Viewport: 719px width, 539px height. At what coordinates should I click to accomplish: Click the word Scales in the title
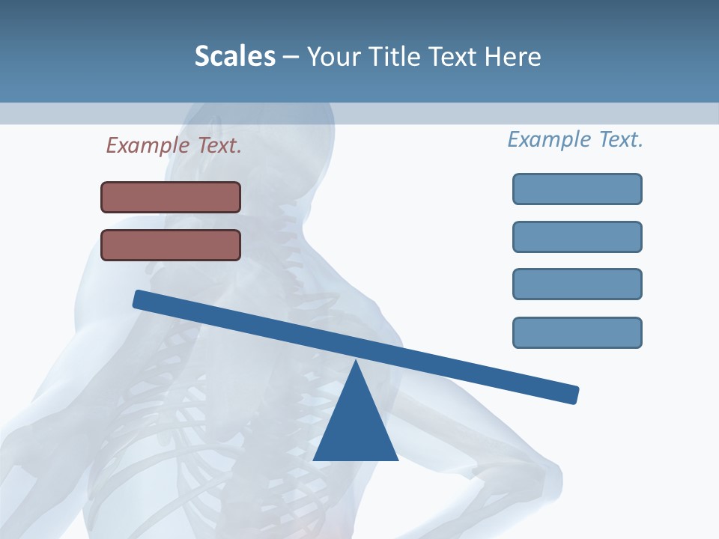tap(234, 56)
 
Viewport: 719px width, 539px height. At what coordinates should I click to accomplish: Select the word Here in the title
tap(512, 56)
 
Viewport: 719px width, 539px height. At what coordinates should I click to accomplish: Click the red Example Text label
tap(174, 145)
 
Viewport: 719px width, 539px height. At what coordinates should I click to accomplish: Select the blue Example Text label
tap(575, 139)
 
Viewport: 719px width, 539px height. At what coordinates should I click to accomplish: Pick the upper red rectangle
tap(171, 197)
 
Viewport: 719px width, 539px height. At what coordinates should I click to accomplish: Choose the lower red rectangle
tap(171, 245)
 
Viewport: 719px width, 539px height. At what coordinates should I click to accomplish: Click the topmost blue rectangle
tap(577, 189)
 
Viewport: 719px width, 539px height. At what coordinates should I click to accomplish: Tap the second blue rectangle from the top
tap(577, 237)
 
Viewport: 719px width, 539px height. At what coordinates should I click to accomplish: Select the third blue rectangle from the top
tap(577, 284)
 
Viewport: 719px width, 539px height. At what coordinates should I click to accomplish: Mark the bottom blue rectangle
tap(577, 332)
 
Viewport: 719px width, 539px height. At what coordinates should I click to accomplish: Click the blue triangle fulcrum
tap(355, 427)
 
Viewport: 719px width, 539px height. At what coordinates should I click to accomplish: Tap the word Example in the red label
tap(148, 145)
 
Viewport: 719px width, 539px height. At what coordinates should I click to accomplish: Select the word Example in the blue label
tap(549, 139)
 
